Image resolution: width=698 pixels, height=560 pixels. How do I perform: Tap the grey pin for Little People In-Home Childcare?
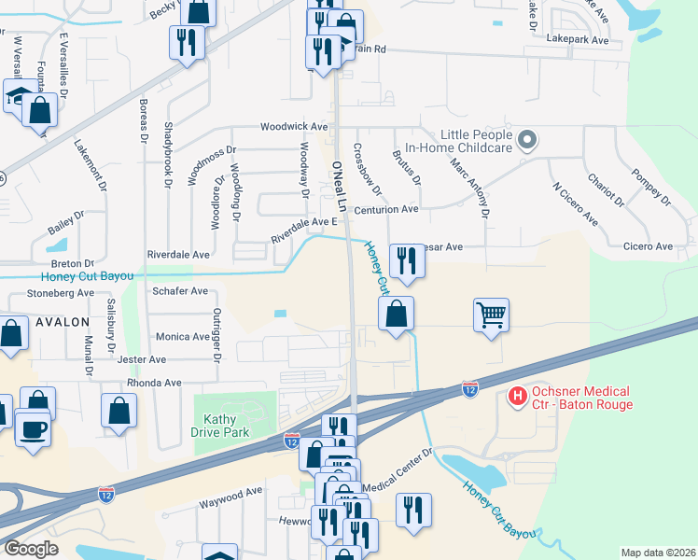527,141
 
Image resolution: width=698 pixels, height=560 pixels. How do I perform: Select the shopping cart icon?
491,314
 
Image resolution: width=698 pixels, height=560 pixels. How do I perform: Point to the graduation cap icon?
18,96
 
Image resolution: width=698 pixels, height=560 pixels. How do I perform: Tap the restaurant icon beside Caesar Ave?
406,260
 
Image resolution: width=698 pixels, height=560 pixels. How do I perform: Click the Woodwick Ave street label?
294,126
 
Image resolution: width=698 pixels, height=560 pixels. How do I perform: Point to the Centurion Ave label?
384,210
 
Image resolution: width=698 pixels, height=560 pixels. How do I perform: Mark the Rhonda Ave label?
155,383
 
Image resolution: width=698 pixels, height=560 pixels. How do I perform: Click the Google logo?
32,549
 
